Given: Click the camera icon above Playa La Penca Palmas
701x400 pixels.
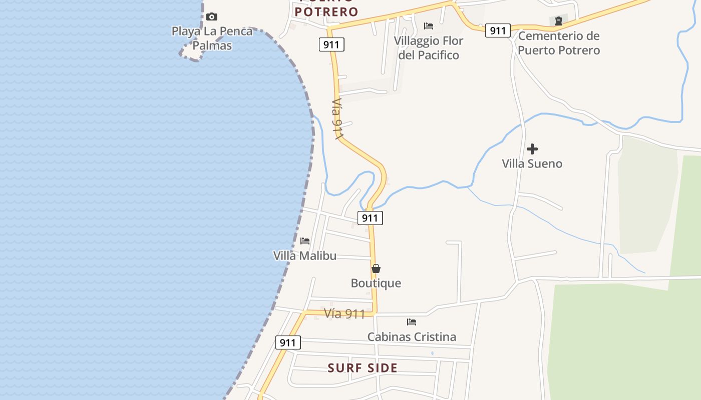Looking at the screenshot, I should [212, 17].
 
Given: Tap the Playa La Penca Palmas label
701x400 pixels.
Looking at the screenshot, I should [212, 38].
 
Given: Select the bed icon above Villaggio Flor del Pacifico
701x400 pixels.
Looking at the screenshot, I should [429, 26].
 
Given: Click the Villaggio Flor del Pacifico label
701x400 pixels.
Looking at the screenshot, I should [429, 47].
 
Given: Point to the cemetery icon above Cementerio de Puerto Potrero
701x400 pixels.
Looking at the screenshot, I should [559, 21].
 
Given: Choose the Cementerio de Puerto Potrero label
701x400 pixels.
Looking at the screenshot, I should [559, 43].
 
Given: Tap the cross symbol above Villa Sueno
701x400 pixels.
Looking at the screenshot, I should [532, 149].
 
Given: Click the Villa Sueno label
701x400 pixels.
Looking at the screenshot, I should [532, 163].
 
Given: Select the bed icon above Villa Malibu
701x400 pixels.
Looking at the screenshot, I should [305, 241].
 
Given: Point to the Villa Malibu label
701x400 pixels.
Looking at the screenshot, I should [305, 255].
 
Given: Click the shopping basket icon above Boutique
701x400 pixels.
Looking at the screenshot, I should [376, 268].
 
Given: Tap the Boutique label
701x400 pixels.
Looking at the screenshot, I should [376, 283].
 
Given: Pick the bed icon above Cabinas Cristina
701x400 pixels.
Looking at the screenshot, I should [412, 322].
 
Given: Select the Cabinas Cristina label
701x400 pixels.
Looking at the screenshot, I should [412, 336].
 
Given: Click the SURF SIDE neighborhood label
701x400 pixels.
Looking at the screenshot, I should [363, 368].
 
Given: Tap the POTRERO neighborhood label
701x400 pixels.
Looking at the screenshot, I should [326, 11].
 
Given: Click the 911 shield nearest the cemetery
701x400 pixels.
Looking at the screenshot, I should [498, 30].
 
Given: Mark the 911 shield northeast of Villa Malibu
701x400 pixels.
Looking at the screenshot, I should [370, 217].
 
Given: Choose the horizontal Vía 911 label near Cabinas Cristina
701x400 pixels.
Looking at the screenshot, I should [344, 313].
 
